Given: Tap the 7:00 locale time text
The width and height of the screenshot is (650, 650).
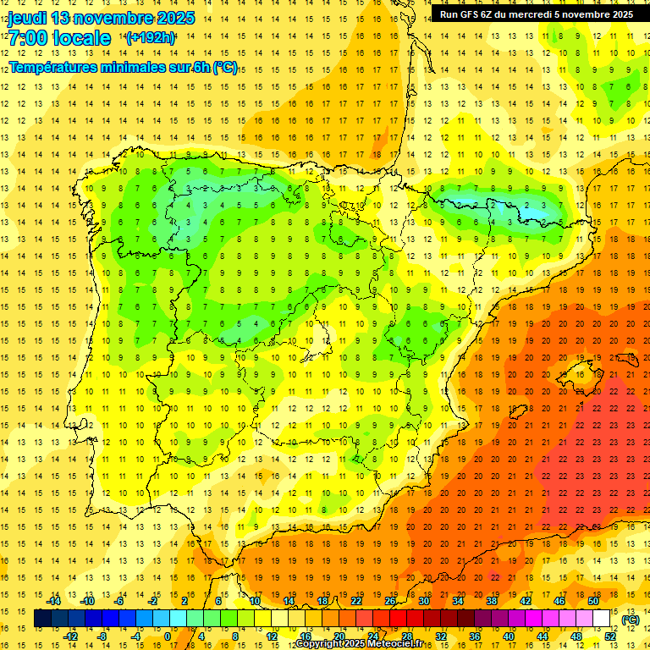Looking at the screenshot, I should point(59,38).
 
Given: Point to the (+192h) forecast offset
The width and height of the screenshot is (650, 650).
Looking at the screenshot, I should point(150,38).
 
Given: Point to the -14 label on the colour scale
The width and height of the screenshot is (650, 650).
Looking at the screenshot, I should point(54,601).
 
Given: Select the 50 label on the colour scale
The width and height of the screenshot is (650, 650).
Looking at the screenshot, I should point(592,601).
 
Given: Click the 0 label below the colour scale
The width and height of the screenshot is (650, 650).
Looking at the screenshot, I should point(167,636).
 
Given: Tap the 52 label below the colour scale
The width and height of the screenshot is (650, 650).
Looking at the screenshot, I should point(610,636).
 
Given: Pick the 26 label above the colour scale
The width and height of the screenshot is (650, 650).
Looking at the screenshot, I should point(390,601).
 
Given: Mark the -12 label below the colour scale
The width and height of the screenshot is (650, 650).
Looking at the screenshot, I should point(71,636).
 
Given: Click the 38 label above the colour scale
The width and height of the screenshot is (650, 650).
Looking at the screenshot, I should point(491,601).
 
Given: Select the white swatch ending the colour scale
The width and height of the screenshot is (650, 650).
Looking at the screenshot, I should point(601,619).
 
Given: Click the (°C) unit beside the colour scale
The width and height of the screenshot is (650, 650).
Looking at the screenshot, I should point(630,620).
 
